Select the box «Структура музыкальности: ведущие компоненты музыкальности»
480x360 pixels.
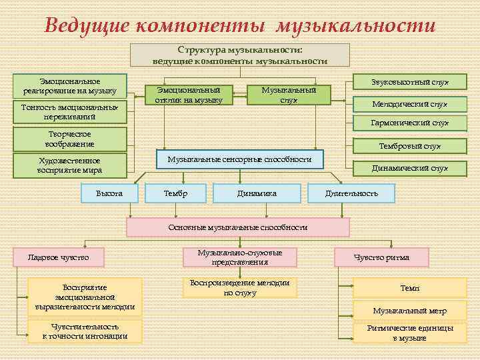pos(239,55)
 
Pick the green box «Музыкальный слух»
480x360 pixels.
pos(289,95)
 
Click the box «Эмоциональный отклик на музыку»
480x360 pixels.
pos(189,95)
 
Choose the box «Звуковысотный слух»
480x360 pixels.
pos(409,82)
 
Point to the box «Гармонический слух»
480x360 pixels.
pos(409,123)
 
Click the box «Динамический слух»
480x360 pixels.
pos(409,168)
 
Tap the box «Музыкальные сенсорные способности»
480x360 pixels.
pos(239,159)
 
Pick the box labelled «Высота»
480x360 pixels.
pos(109,193)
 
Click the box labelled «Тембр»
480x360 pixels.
pos(175,193)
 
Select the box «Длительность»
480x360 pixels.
pos(351,193)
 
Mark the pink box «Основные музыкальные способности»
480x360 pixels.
pos(238,227)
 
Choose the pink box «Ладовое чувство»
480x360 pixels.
pos(58,256)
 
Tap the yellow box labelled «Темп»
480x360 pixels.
pos(409,287)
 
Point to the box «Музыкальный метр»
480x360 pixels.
pos(409,311)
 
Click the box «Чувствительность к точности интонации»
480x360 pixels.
pos(85,331)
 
